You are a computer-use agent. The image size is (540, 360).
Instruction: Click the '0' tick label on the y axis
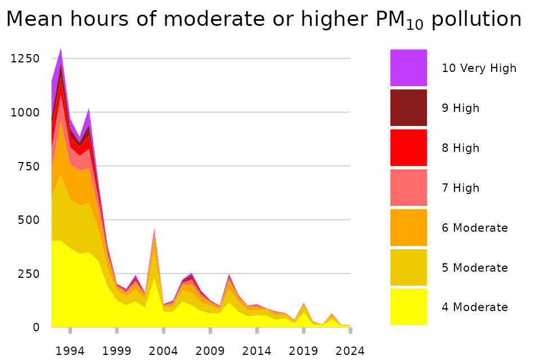click(x=36, y=327)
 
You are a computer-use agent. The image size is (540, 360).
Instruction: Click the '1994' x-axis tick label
click(x=70, y=351)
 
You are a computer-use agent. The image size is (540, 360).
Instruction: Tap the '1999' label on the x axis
click(x=116, y=351)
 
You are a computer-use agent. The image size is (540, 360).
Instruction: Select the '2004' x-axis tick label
click(x=163, y=351)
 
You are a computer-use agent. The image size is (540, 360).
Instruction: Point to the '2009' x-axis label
click(x=210, y=351)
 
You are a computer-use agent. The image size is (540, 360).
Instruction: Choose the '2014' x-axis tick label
click(x=256, y=351)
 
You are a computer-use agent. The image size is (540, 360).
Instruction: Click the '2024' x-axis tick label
click(x=350, y=351)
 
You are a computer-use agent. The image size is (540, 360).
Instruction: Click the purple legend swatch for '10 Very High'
click(x=408, y=67)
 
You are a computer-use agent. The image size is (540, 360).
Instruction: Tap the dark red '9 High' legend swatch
click(x=408, y=107)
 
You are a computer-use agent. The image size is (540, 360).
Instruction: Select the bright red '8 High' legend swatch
click(x=408, y=147)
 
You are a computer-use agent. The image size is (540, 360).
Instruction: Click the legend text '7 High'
click(x=461, y=188)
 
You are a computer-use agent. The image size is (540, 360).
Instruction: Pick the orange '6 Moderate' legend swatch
click(x=408, y=227)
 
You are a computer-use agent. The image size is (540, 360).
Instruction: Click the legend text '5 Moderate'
click(x=475, y=268)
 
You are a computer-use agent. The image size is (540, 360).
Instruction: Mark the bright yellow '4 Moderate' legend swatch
click(x=408, y=307)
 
